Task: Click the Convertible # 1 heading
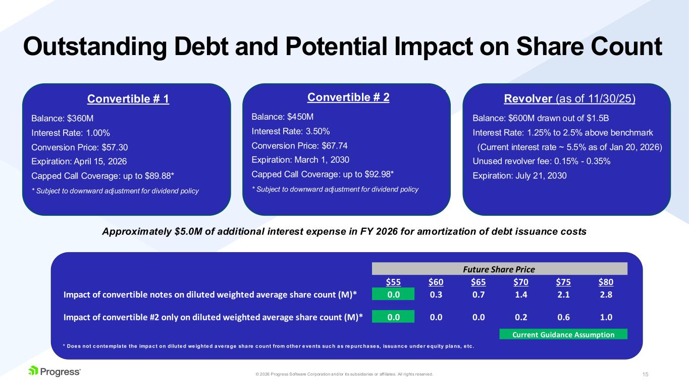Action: tap(128, 99)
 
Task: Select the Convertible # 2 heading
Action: tap(348, 98)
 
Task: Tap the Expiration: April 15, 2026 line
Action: tap(79, 161)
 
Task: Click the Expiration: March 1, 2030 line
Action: tap(300, 159)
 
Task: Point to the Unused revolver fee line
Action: tap(542, 161)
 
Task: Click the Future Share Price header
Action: tap(499, 269)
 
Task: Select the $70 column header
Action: tap(521, 282)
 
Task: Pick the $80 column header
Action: tap(606, 282)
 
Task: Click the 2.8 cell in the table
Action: tap(606, 295)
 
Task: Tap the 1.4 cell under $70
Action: tap(521, 295)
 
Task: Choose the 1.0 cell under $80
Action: tap(606, 317)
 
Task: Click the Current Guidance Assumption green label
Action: tap(563, 334)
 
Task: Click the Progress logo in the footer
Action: tap(55, 372)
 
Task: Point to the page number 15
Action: tap(645, 374)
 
